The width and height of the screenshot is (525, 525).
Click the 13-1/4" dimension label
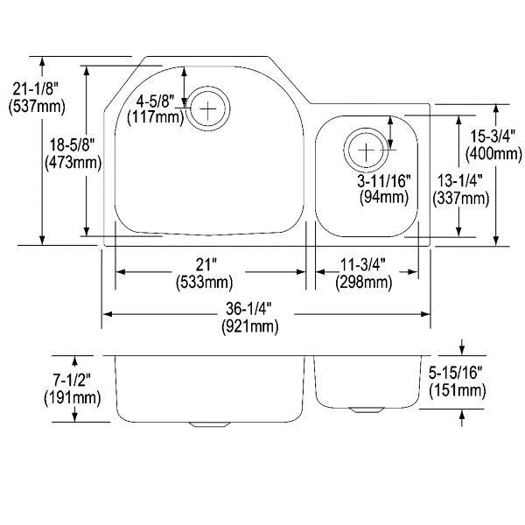(460, 181)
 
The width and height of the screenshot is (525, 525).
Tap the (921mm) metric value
(249, 326)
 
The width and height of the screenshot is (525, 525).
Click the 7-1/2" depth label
(73, 381)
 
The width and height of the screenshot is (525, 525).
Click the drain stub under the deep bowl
(206, 424)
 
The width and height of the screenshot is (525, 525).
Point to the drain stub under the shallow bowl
(365, 409)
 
